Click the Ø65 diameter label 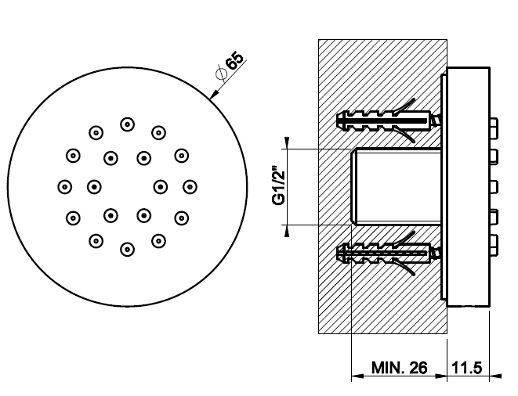tap(230, 67)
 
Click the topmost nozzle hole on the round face tap(126, 124)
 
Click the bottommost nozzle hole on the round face tap(126, 249)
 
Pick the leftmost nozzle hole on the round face tap(64, 186)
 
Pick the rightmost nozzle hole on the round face tap(189, 186)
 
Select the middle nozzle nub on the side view tap(494, 185)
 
